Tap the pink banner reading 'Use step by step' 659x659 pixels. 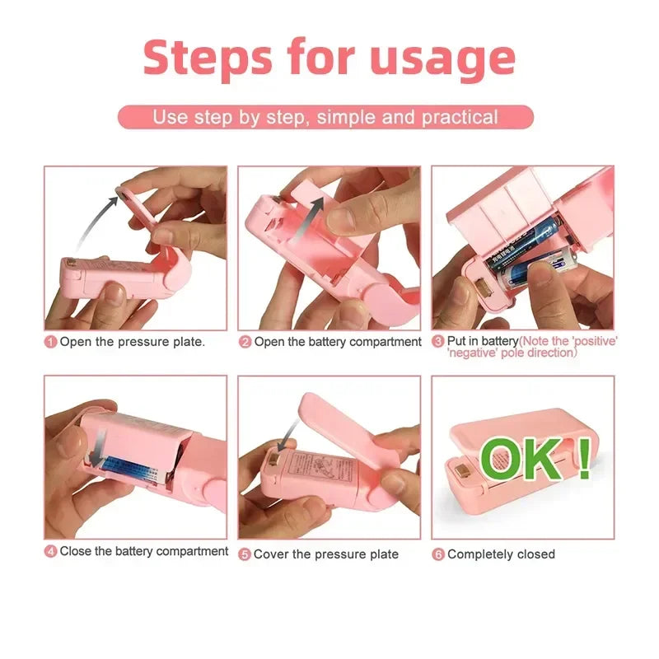pyautogui.click(x=325, y=117)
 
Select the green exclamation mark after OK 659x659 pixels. pyautogui.click(x=583, y=458)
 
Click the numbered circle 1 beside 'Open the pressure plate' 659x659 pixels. pyautogui.click(x=51, y=341)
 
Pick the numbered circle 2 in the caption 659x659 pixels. pyautogui.click(x=245, y=341)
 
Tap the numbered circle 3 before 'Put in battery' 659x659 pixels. pyautogui.click(x=438, y=341)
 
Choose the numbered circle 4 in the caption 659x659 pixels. pyautogui.click(x=51, y=552)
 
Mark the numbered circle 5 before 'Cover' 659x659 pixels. pyautogui.click(x=245, y=554)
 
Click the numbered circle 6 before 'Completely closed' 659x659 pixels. pyautogui.click(x=438, y=554)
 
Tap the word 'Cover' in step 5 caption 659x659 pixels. pyautogui.click(x=271, y=554)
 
